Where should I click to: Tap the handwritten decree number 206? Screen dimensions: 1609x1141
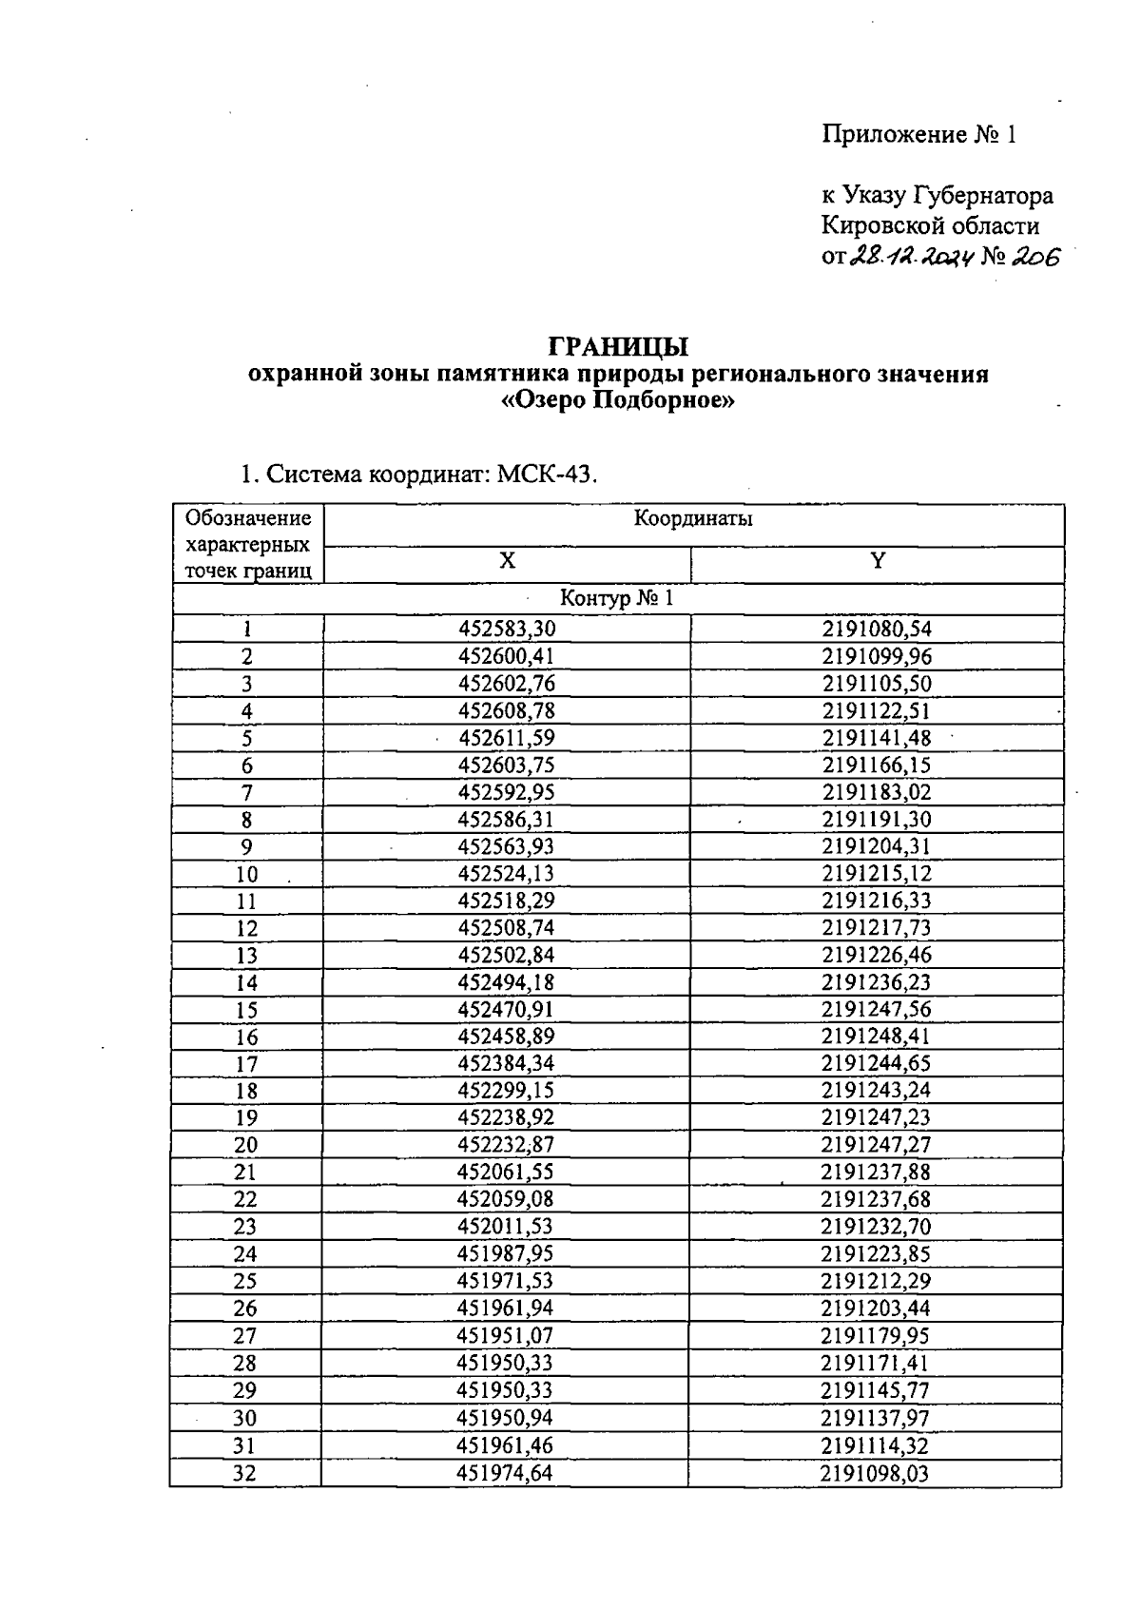(1034, 258)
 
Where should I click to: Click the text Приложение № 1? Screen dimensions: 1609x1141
(919, 135)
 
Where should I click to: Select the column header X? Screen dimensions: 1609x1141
(508, 562)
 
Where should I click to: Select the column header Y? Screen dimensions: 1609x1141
(877, 562)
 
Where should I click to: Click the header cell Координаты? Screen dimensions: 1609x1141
(693, 519)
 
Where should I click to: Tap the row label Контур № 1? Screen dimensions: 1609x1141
(617, 599)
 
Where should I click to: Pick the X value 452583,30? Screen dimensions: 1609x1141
(507, 630)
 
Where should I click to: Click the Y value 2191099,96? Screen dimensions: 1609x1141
(877, 657)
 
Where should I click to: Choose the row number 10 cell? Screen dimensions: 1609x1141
(247, 875)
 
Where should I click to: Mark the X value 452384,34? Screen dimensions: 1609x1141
(506, 1064)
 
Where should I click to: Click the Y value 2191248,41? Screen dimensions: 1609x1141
(876, 1037)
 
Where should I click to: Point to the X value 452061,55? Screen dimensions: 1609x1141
(506, 1173)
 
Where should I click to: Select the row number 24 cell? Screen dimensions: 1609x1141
(245, 1255)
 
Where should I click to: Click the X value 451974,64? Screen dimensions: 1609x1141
(505, 1474)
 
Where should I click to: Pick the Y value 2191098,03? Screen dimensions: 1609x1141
(875, 1474)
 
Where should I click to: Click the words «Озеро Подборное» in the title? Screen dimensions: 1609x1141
(618, 401)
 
